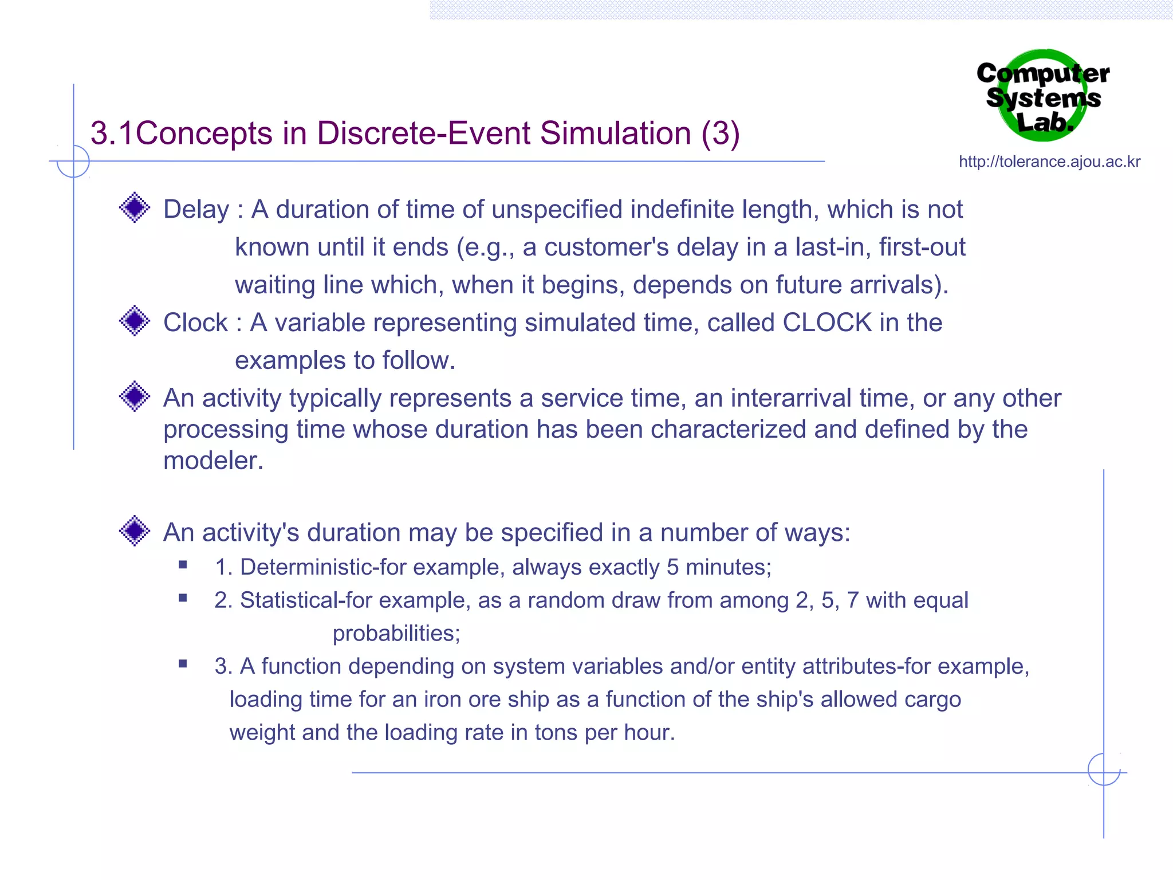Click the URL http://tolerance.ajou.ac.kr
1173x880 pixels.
coord(1049,162)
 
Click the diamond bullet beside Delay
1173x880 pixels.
coord(135,207)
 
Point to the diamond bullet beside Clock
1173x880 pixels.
coord(135,321)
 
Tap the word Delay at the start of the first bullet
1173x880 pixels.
coord(196,210)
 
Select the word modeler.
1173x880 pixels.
coord(213,461)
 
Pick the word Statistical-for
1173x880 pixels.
coord(306,600)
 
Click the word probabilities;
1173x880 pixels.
coord(396,634)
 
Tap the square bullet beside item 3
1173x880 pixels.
coord(183,664)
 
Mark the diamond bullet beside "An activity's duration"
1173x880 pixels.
coord(135,531)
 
